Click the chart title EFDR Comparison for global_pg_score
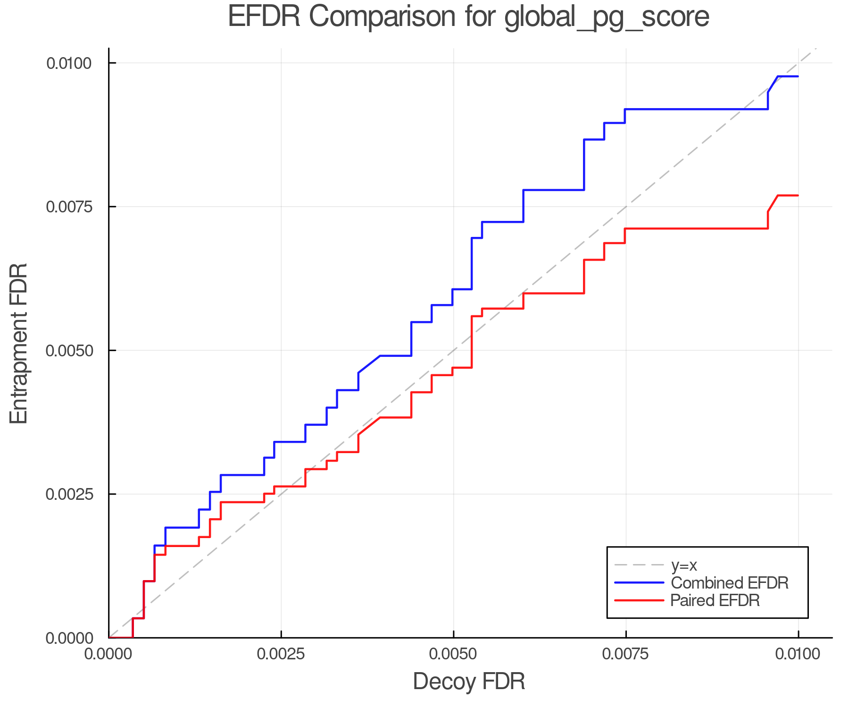tap(468, 17)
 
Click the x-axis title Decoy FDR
tap(469, 682)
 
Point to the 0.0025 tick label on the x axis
tap(281, 654)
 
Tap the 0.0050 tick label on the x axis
tap(453, 654)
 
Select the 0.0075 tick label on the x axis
tap(626, 654)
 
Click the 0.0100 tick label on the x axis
tap(798, 654)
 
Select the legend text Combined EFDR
tap(729, 583)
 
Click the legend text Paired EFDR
tap(715, 600)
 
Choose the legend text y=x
tap(684, 565)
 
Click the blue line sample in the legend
tap(639, 583)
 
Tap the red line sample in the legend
tap(639, 600)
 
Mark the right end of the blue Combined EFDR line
tap(798, 76)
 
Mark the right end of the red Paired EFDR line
tap(798, 195)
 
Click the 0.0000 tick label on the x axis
tap(109, 654)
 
